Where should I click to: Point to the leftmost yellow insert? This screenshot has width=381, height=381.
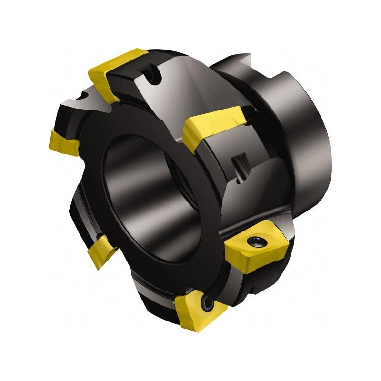(64, 140)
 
